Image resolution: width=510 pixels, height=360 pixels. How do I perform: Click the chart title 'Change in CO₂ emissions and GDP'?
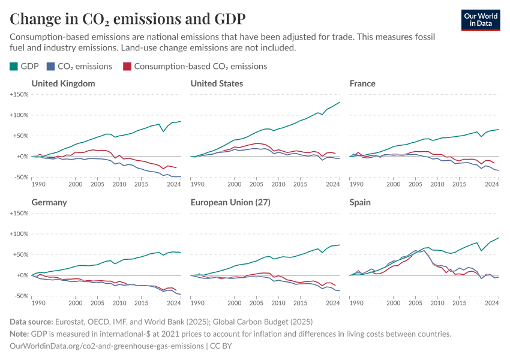pos(127,18)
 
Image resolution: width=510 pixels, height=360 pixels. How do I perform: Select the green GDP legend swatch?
pos(14,67)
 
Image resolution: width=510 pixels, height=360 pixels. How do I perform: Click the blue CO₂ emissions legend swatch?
pos(52,67)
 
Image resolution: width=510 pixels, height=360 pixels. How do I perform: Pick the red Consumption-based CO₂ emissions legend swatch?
pos(127,67)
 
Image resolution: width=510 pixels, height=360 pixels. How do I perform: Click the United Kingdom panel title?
pos(63,83)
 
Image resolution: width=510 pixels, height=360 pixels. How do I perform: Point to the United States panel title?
pos(217,83)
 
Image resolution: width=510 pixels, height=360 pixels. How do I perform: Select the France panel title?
pos(362,83)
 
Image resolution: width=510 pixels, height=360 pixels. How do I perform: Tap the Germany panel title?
pos(49,202)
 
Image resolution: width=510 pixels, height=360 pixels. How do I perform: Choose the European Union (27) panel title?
pos(230,202)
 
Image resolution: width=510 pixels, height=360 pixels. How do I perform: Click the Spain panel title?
pos(360,202)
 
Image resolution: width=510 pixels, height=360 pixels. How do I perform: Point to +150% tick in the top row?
pos(19,94)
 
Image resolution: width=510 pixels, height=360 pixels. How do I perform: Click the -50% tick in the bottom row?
pos(22,296)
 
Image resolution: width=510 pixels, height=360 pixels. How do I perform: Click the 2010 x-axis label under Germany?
pos(119,302)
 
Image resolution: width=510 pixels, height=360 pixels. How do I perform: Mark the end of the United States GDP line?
pos(340,102)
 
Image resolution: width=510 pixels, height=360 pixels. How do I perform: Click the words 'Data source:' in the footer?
pos(32,322)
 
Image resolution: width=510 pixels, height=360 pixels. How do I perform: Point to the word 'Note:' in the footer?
pos(20,334)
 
